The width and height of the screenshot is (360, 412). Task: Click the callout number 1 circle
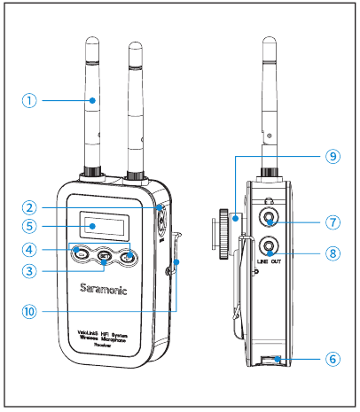pyautogui.click(x=31, y=100)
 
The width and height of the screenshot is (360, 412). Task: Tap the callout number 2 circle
pyautogui.click(x=31, y=206)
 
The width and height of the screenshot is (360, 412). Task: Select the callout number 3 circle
pyautogui.click(x=31, y=269)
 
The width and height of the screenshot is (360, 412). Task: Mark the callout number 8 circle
pyautogui.click(x=332, y=253)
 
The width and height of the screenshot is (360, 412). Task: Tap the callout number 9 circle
pyautogui.click(x=332, y=155)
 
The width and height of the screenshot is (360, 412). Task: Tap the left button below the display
pyautogui.click(x=82, y=255)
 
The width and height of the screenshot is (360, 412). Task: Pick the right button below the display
pyautogui.click(x=129, y=258)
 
